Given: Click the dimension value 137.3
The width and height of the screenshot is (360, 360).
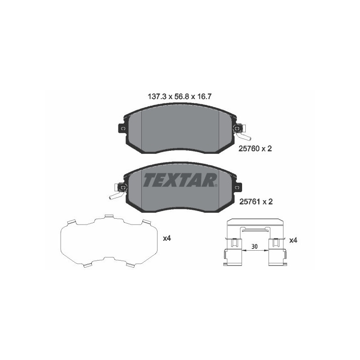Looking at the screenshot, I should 157,96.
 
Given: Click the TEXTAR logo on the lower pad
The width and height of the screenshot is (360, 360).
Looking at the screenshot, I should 180,180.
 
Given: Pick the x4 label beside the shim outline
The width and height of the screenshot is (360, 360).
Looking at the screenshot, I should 167,238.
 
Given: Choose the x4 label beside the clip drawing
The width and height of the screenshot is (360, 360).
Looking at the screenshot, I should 293,241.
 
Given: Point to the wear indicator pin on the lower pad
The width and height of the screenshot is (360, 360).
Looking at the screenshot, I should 114,195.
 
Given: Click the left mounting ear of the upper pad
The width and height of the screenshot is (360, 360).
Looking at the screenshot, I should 122,129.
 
